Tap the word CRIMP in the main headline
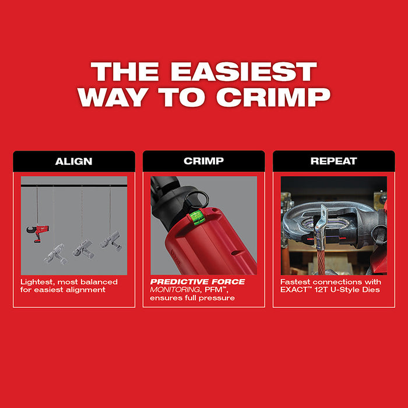[279, 97]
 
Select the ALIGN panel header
[73, 161]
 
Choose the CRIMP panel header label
[203, 161]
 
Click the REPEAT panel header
[333, 161]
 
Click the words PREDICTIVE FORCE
[198, 282]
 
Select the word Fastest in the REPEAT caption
[296, 282]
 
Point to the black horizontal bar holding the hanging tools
[73, 185]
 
